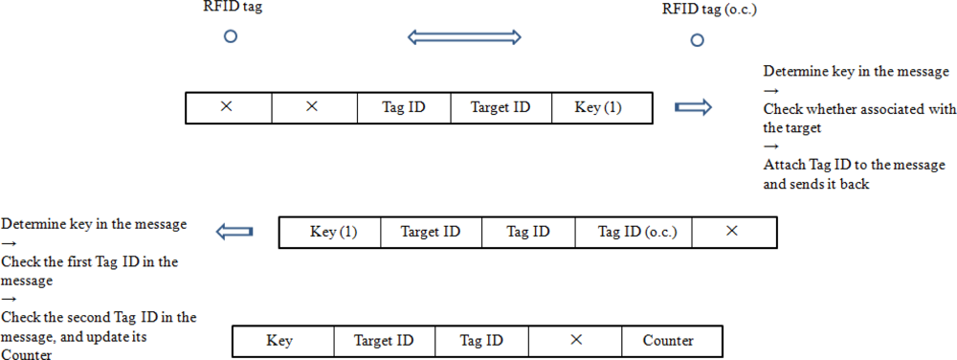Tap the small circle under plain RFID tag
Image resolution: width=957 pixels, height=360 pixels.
tap(230, 37)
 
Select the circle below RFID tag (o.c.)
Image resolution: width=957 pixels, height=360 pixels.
tap(698, 40)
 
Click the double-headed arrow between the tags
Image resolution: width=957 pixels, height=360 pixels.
tap(464, 37)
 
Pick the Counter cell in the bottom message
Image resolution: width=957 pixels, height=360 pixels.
tap(668, 341)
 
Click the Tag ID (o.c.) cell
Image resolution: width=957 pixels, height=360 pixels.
tap(634, 232)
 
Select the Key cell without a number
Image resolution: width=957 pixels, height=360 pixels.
tap(279, 341)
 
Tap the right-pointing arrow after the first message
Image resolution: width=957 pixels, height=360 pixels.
tap(694, 107)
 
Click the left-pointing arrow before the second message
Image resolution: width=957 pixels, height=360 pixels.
tap(234, 232)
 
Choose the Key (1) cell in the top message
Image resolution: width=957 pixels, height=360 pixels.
tap(598, 107)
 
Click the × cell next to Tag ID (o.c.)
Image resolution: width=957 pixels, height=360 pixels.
tap(732, 232)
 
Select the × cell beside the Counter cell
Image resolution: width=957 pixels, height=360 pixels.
tap(575, 341)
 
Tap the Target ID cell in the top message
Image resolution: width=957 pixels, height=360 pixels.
tap(501, 107)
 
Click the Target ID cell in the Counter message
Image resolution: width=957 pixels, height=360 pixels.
tap(384, 341)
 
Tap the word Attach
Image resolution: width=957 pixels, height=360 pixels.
tap(785, 166)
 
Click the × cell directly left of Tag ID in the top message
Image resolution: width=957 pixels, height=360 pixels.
tap(311, 107)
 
